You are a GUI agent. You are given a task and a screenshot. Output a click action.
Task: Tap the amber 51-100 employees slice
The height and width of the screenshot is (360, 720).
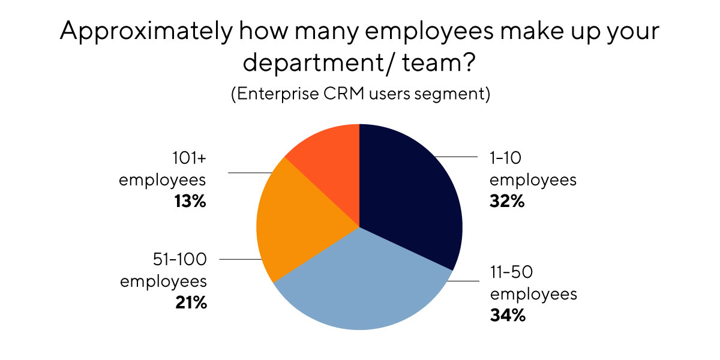tap(294, 222)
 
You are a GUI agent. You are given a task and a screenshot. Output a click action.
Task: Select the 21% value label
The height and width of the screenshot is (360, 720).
tap(190, 303)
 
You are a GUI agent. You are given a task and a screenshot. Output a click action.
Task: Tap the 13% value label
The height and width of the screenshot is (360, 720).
tap(191, 202)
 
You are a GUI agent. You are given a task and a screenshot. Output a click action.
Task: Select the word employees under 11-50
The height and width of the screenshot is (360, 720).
tap(533, 294)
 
